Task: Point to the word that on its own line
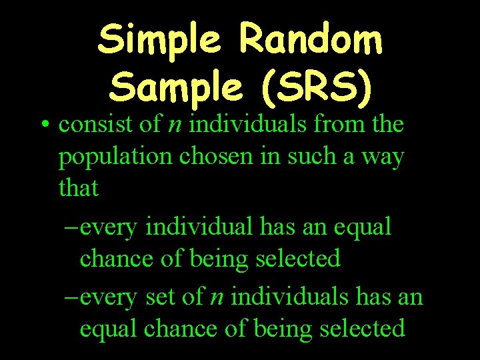click(x=78, y=189)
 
